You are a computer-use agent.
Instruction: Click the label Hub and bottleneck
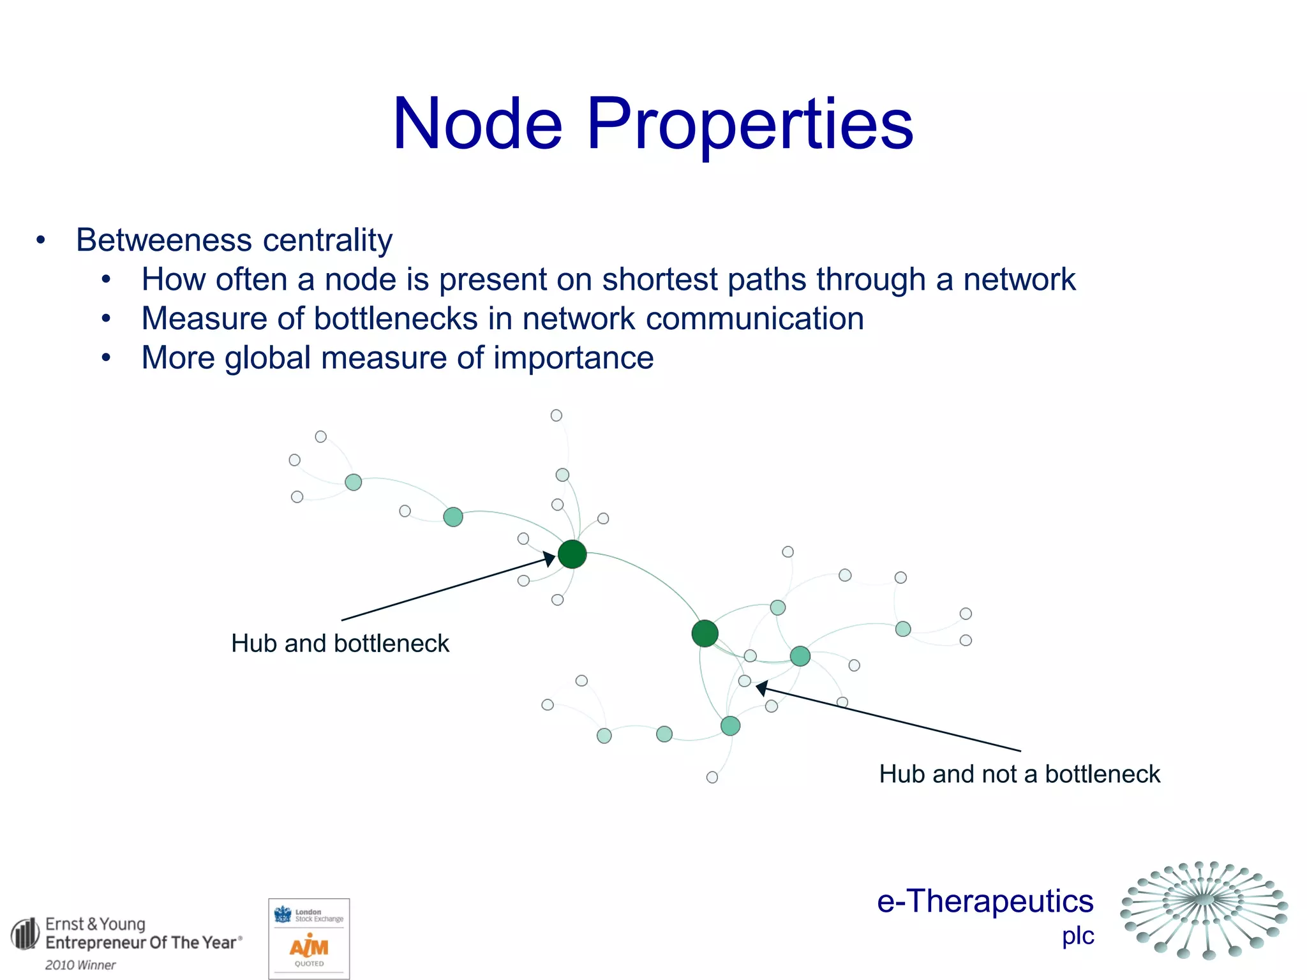pos(340,643)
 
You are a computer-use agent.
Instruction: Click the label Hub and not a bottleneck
pos(1019,774)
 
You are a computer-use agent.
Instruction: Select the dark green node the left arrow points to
pos(572,554)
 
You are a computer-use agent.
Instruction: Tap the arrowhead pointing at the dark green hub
pos(549,560)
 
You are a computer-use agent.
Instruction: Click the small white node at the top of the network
pos(556,415)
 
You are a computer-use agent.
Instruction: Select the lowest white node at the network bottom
pos(712,777)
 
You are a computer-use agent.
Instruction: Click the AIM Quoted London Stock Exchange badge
pos(309,938)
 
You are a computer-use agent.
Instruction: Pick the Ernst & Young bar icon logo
pos(25,934)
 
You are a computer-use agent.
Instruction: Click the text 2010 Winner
pos(80,965)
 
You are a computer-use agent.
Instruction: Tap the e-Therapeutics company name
pos(985,902)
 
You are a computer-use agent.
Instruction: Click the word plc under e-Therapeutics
pos(1078,936)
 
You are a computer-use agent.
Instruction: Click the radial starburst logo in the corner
pos(1204,910)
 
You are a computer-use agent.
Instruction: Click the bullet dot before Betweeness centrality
pos(41,241)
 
